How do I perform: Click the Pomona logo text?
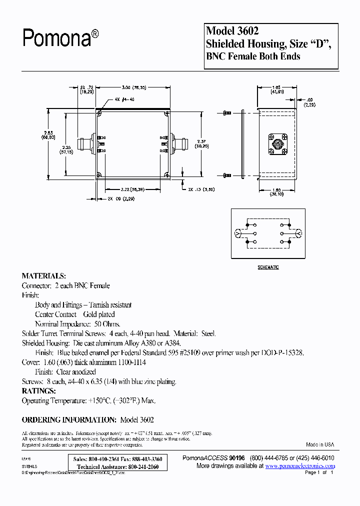point(59,37)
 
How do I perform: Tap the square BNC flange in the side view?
point(277,144)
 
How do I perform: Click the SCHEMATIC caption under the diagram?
point(268,267)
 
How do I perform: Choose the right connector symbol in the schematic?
point(299,233)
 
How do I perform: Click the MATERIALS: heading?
point(43,276)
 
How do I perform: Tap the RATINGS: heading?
point(38,391)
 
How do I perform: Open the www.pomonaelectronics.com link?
point(300,465)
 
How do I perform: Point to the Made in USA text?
point(320,444)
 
